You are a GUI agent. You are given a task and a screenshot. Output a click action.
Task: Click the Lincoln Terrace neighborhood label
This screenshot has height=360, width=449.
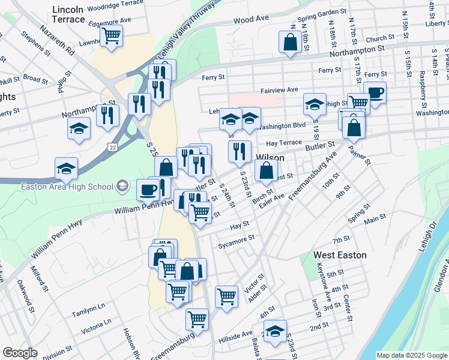pyautogui.click(x=68, y=14)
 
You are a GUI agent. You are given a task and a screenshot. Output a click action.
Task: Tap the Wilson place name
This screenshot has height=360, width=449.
pyautogui.click(x=270, y=157)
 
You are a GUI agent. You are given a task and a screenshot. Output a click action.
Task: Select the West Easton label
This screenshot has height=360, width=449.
pyautogui.click(x=340, y=255)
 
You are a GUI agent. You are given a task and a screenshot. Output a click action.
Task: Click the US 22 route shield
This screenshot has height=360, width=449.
pyautogui.click(x=112, y=146)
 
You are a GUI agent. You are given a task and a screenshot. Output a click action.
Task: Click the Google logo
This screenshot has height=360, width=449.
pyautogui.click(x=20, y=353)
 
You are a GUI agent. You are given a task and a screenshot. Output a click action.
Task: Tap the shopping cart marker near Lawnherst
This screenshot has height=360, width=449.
pyautogui.click(x=112, y=36)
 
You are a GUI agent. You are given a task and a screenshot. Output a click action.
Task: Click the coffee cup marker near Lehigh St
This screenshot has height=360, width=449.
pyautogui.click(x=375, y=92)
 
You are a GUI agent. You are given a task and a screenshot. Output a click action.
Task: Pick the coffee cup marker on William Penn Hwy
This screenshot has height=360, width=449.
pyautogui.click(x=148, y=191)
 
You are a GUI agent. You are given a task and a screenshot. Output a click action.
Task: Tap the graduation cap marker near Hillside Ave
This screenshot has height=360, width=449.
pyautogui.click(x=275, y=331)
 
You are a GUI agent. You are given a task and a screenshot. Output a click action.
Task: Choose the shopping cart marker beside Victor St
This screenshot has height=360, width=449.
pyautogui.click(x=226, y=295)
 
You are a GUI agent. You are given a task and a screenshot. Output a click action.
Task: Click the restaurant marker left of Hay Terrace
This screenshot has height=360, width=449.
pyautogui.click(x=240, y=151)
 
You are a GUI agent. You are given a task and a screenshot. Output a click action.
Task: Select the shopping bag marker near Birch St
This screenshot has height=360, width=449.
pyautogui.click(x=265, y=170)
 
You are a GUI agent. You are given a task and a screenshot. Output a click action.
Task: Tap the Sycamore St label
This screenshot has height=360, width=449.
pyautogui.click(x=237, y=241)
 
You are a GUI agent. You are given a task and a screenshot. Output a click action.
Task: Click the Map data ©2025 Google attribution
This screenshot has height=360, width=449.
pyautogui.click(x=412, y=355)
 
